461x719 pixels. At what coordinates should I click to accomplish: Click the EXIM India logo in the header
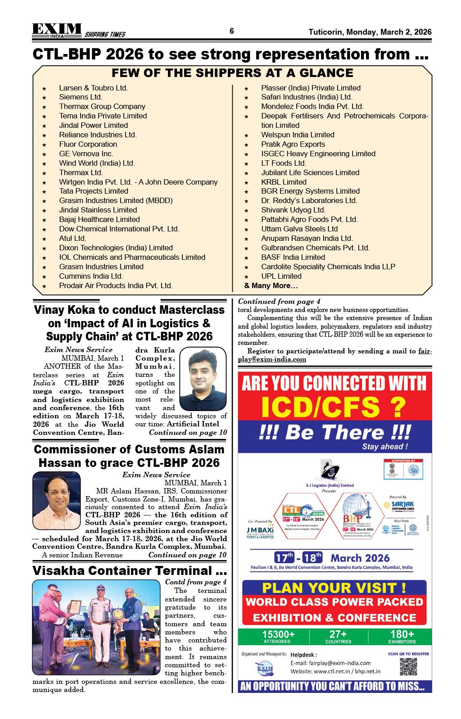tap(57, 30)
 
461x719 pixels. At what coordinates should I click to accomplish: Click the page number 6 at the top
tap(232, 31)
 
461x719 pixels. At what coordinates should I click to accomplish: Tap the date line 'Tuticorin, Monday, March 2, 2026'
tap(370, 32)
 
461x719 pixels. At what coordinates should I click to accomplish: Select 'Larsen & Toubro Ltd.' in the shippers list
tap(93, 88)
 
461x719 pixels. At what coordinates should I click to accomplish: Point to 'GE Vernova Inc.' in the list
tap(86, 154)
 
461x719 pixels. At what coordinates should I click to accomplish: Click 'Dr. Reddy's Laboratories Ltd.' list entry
tap(309, 200)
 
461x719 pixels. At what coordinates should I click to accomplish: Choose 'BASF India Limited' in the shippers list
tap(293, 257)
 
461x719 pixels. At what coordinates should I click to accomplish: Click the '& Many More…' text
tap(271, 285)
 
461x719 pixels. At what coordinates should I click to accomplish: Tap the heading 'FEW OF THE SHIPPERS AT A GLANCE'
tap(232, 73)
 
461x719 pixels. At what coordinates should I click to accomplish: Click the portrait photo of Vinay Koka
tap(203, 379)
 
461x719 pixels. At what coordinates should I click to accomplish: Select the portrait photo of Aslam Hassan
tap(56, 494)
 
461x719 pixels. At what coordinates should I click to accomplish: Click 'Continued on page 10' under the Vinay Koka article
tap(188, 432)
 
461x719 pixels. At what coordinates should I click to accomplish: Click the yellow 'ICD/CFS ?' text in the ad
tap(334, 407)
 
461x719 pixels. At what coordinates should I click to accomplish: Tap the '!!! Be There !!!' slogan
tap(334, 433)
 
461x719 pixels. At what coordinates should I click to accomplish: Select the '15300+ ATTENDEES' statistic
tap(278, 636)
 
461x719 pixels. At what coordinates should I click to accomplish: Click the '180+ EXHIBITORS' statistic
tap(402, 636)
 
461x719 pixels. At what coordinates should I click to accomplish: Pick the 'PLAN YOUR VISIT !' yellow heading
tap(334, 588)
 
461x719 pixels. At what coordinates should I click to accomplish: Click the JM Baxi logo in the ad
tap(260, 531)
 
